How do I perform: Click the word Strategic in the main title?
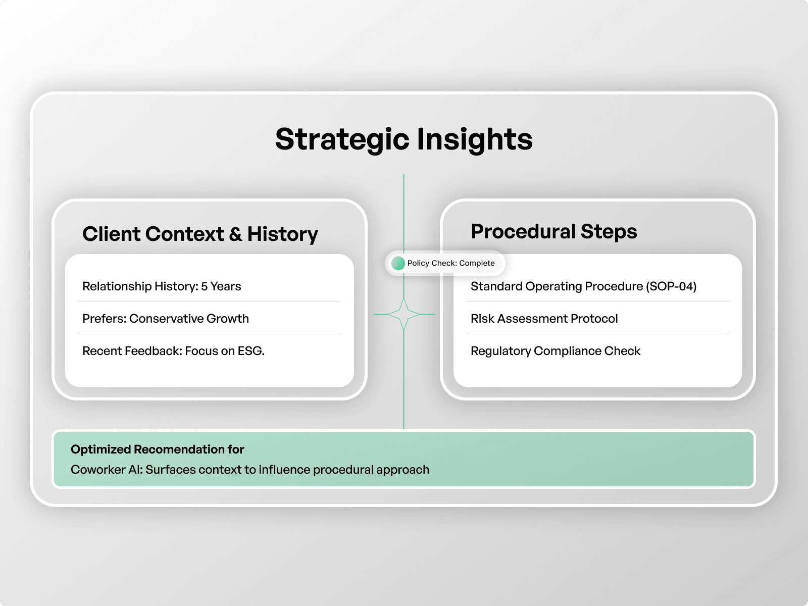point(342,139)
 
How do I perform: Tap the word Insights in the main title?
point(475,139)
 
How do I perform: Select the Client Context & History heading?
point(200,234)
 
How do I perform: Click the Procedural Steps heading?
point(553,232)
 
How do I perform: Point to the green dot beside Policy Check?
point(398,264)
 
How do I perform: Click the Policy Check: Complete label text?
point(450,264)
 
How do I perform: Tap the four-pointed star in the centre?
point(404,314)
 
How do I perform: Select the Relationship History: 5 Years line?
point(162,286)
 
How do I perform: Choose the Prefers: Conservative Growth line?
point(165,319)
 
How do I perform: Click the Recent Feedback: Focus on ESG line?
point(173,351)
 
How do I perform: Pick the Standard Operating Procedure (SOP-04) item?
point(583,286)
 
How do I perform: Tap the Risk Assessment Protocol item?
point(544,319)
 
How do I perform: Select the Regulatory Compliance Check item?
point(555,351)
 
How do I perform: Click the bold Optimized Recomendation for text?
point(157,449)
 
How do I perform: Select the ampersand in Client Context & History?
point(236,234)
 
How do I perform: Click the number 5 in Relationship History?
point(204,286)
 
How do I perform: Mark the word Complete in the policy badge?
point(477,264)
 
